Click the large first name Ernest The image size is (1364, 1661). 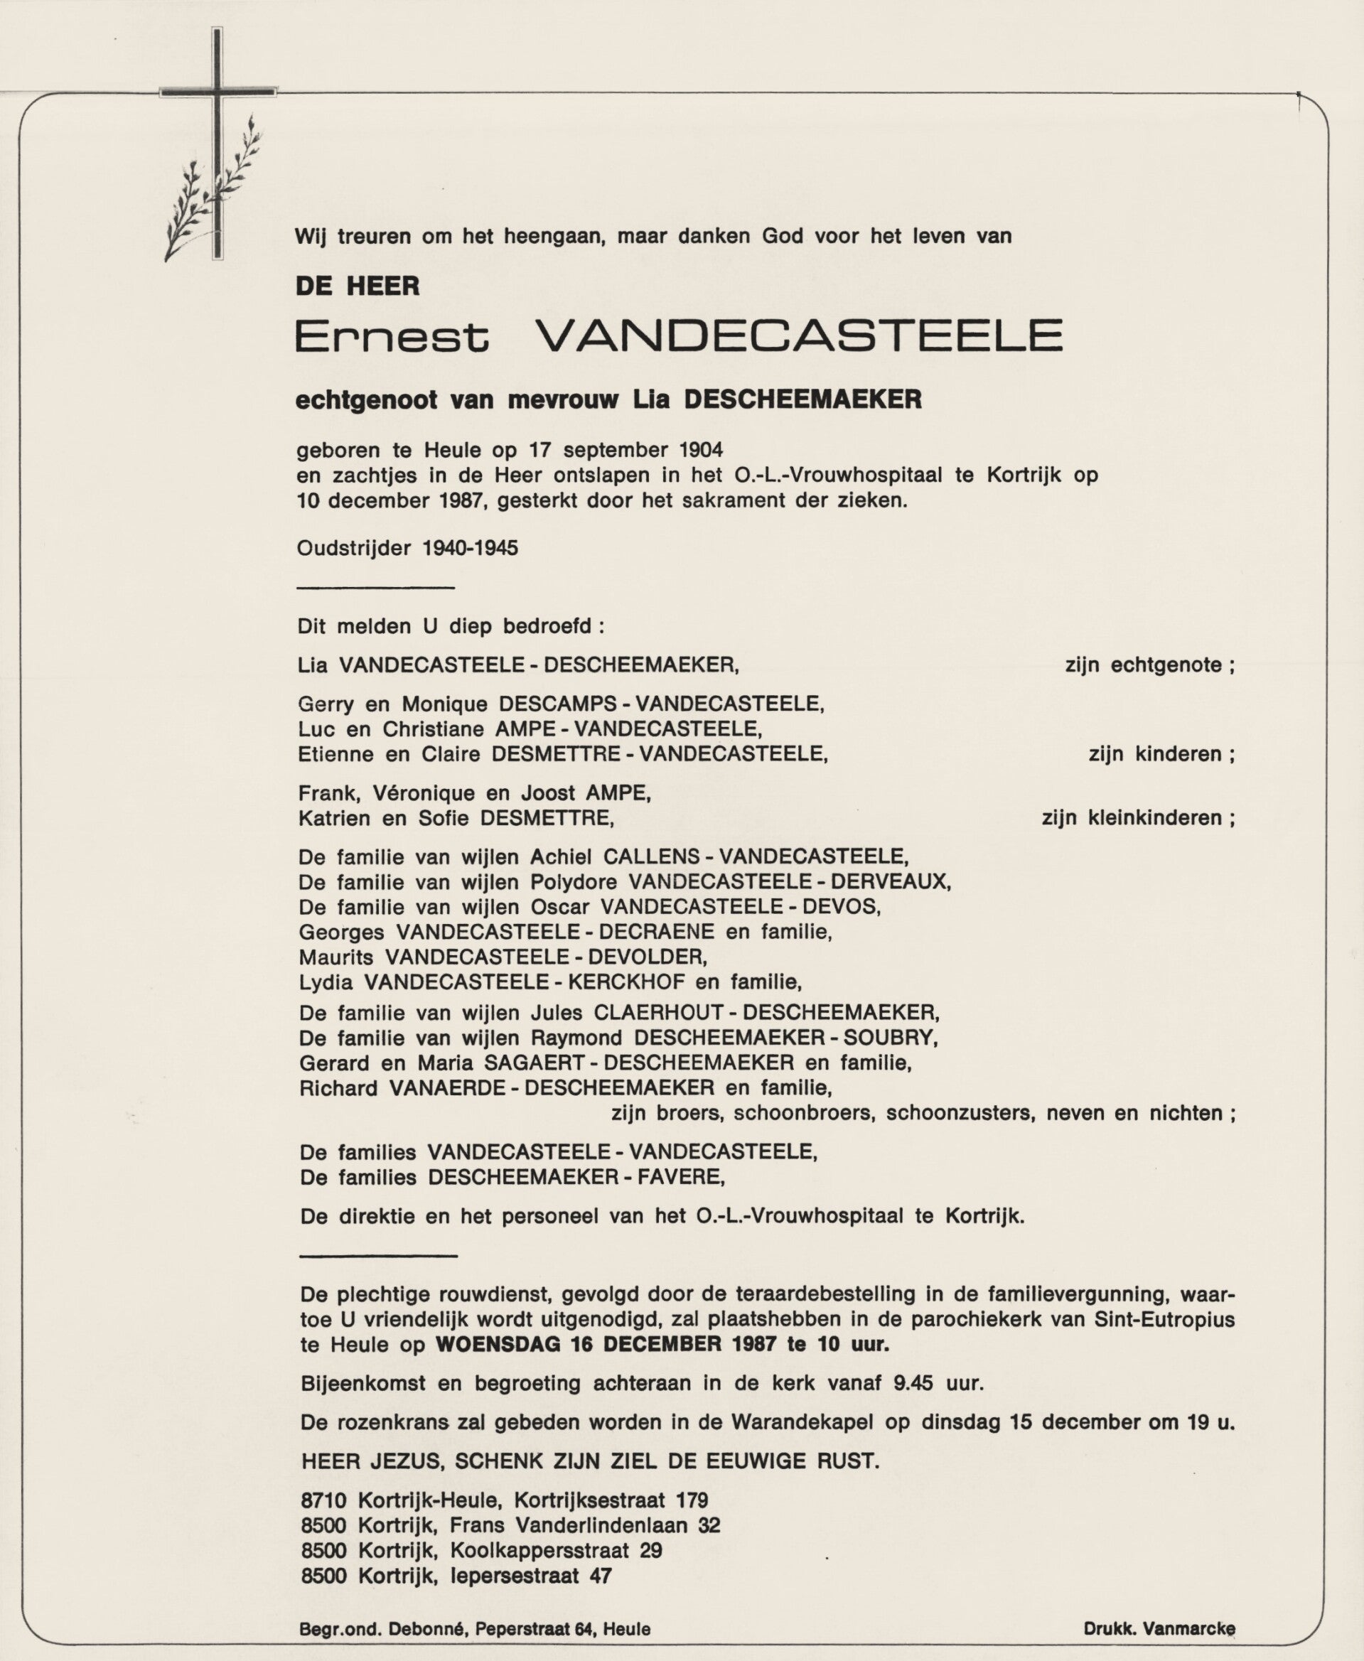391,337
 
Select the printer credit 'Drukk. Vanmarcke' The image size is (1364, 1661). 1159,1629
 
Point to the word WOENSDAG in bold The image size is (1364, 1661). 498,1343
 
